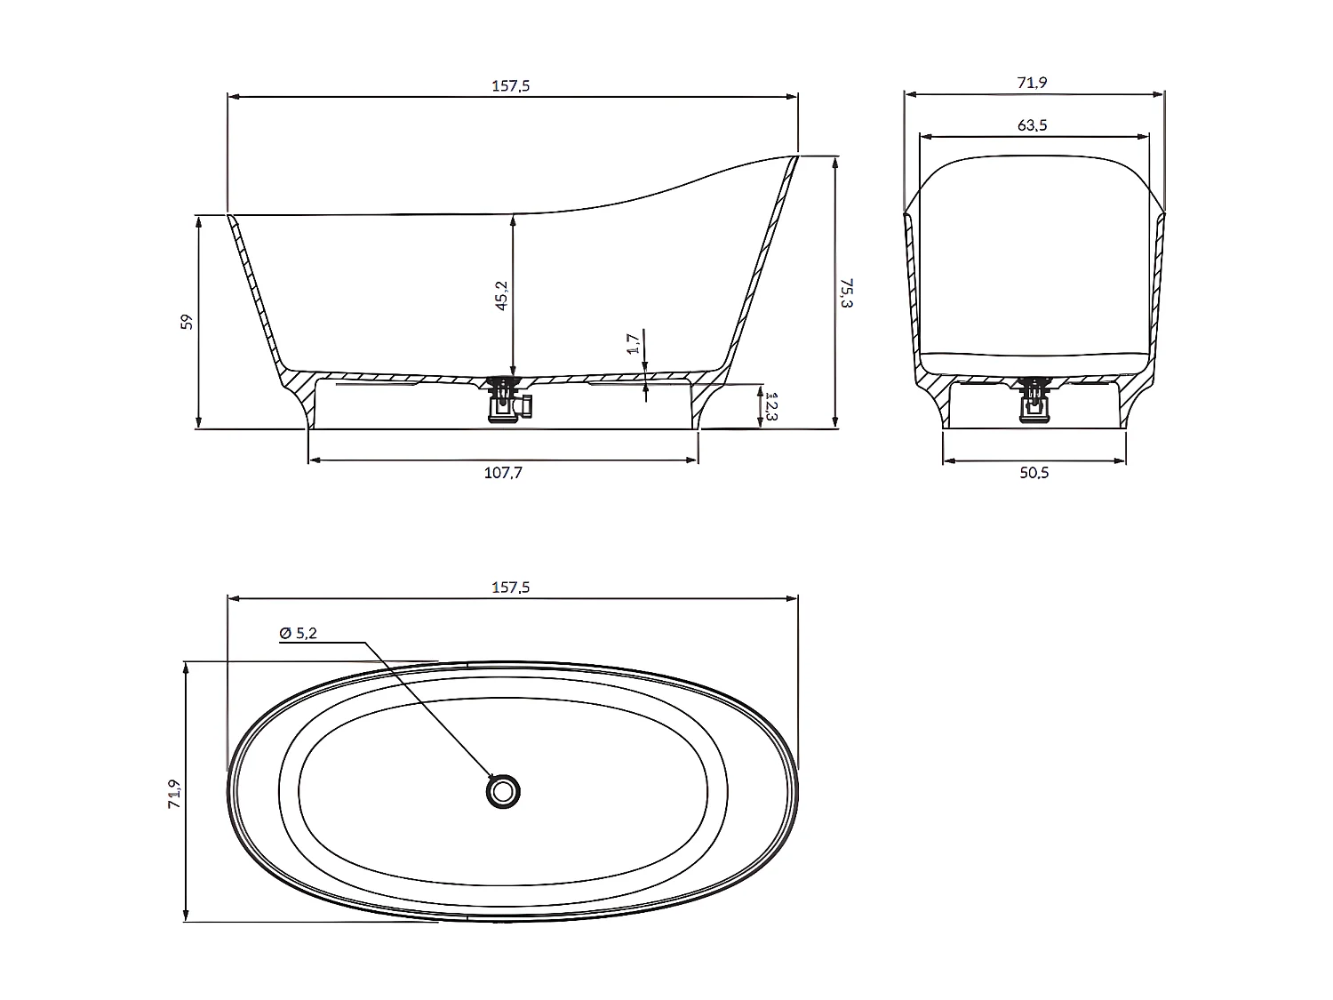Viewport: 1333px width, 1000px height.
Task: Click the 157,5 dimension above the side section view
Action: pyautogui.click(x=511, y=86)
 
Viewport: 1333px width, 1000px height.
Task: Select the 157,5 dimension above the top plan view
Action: pyautogui.click(x=511, y=588)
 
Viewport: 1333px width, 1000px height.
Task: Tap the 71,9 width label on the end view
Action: pyautogui.click(x=1032, y=83)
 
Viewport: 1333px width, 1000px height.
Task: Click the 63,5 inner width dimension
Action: pyautogui.click(x=1032, y=125)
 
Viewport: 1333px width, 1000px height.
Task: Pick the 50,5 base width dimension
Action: pyautogui.click(x=1034, y=473)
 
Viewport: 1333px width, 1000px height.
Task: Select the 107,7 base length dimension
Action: pyautogui.click(x=503, y=473)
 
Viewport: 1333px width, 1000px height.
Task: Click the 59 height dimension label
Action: pyautogui.click(x=187, y=322)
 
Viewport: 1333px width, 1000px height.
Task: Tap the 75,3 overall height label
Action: pyautogui.click(x=847, y=292)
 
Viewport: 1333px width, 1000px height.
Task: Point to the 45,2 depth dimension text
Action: pyautogui.click(x=501, y=295)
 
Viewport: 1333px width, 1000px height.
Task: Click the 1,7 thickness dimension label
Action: pyautogui.click(x=632, y=343)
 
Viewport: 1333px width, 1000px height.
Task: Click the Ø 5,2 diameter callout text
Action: pyautogui.click(x=299, y=633)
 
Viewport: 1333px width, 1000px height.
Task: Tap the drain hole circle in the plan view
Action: pyautogui.click(x=504, y=790)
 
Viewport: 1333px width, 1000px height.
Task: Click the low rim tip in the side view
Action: pyautogui.click(x=230, y=216)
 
